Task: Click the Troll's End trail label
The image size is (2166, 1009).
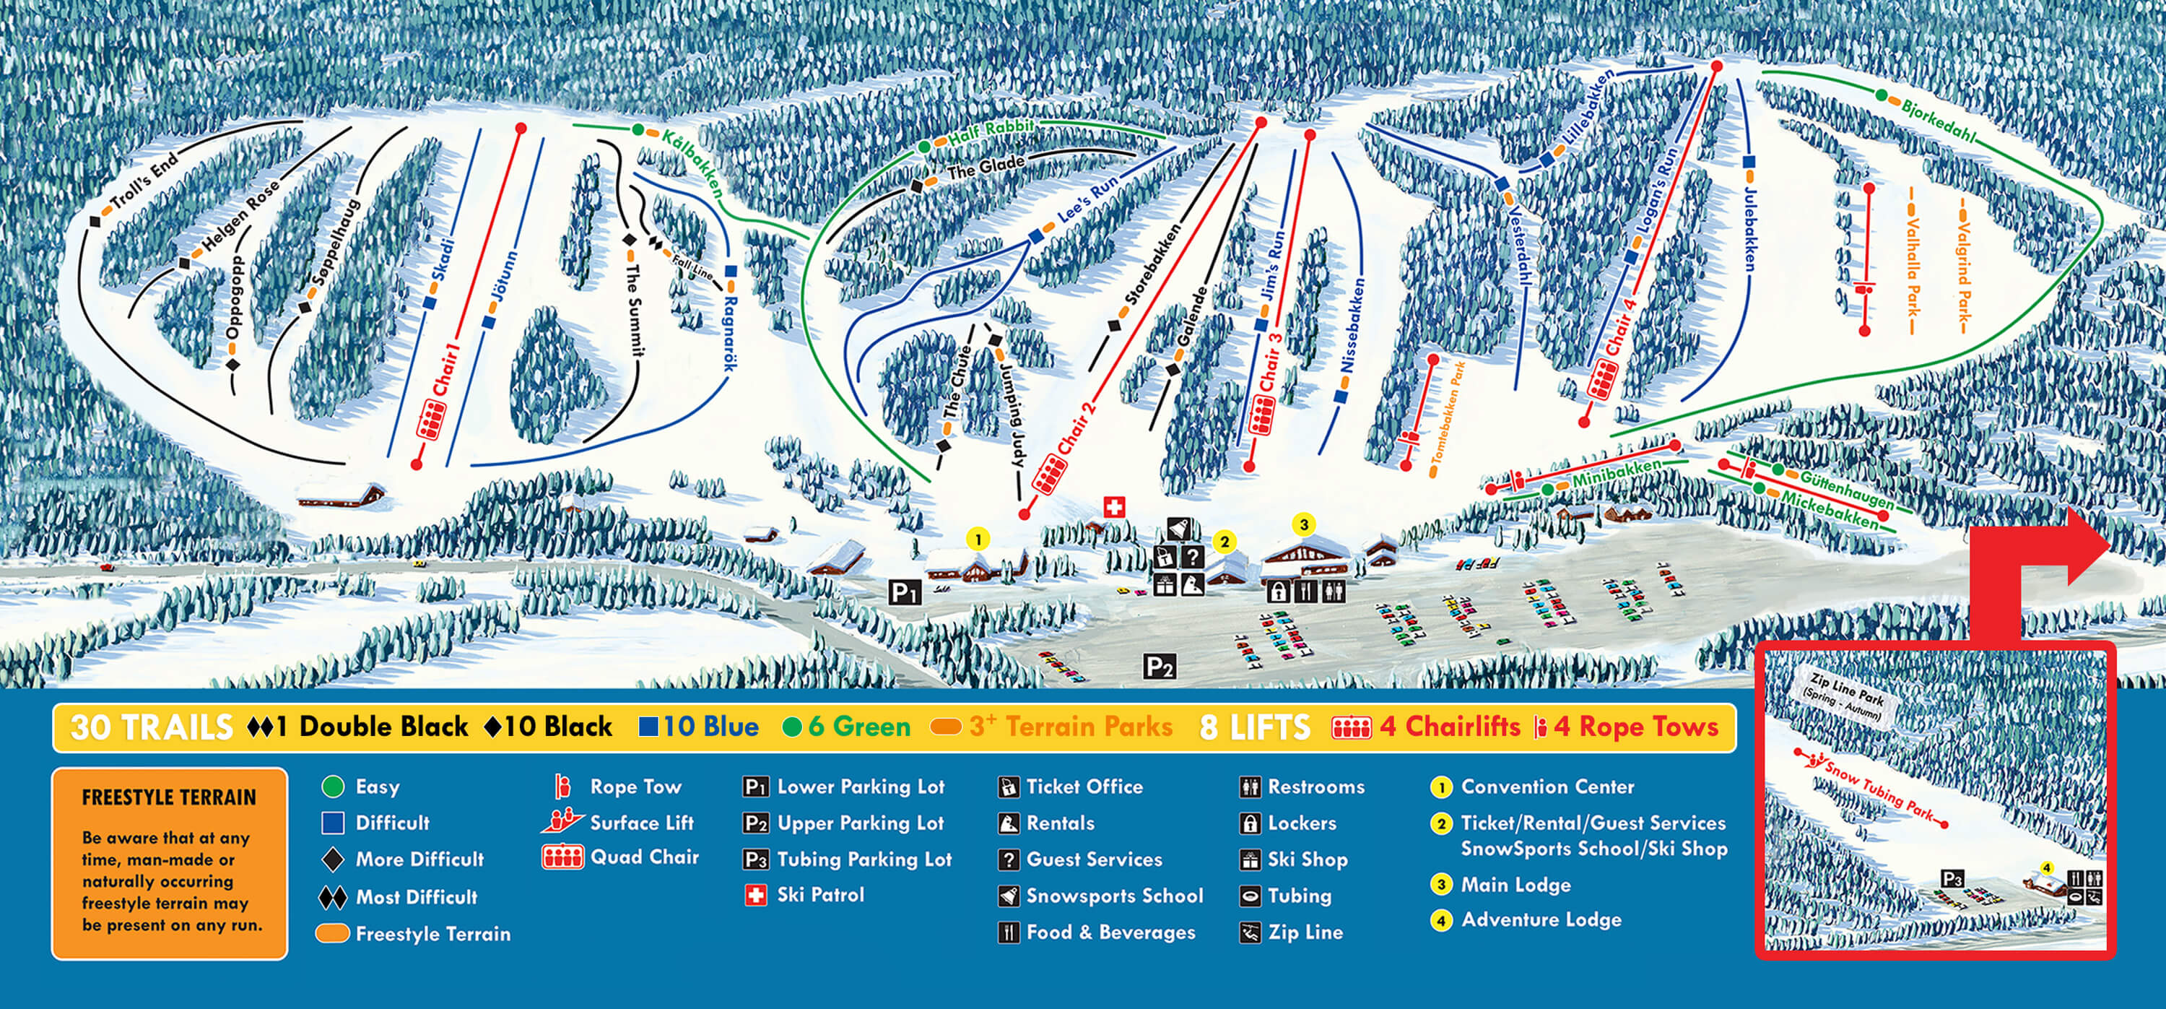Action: [145, 180]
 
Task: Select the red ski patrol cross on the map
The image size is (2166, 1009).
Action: [1113, 506]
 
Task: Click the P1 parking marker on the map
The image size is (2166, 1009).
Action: [904, 593]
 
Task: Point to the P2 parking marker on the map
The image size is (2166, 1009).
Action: [1159, 667]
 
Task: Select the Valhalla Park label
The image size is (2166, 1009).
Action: [1912, 267]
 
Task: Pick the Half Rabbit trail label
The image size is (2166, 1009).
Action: [991, 131]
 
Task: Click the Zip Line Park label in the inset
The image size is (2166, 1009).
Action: [1845, 695]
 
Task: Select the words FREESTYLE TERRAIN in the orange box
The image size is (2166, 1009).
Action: [168, 797]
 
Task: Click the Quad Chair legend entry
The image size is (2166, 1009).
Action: [643, 857]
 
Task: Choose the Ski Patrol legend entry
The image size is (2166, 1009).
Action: [819, 895]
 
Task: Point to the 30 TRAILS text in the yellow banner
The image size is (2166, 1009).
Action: [152, 727]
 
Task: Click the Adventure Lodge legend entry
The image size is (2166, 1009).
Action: [1541, 920]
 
